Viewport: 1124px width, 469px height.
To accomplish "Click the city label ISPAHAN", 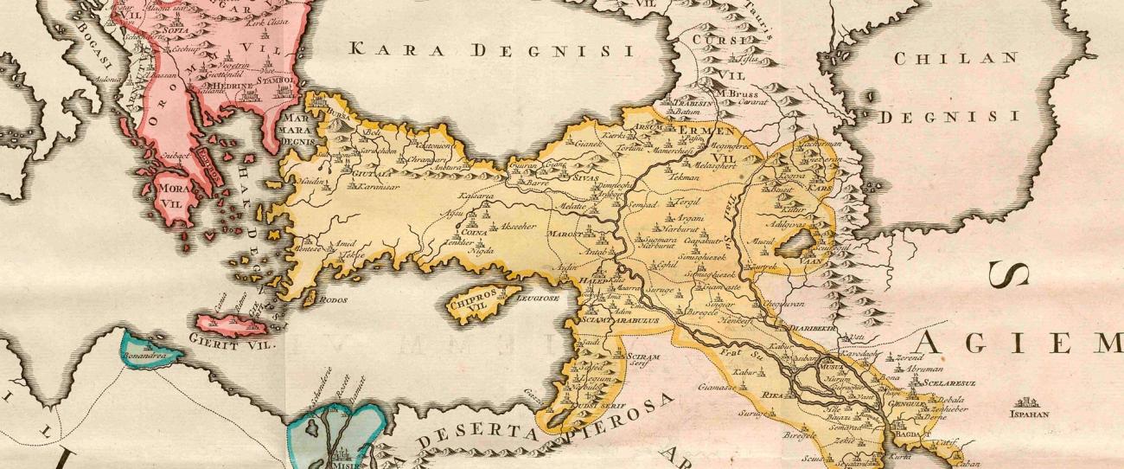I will (x=1028, y=414).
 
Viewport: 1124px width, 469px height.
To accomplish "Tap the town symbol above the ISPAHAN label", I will (x=1027, y=402).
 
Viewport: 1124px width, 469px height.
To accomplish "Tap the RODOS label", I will (x=334, y=300).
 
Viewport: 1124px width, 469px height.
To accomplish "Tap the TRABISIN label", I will (x=692, y=101).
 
